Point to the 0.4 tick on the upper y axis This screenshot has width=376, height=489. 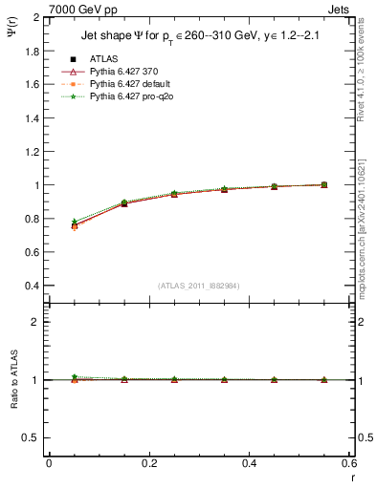coord(33,286)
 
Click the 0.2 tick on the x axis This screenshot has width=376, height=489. coord(148,463)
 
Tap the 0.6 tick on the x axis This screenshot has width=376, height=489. coord(348,463)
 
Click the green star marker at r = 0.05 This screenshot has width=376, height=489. coord(74,222)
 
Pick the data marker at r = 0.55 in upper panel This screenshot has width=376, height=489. coord(324,184)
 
